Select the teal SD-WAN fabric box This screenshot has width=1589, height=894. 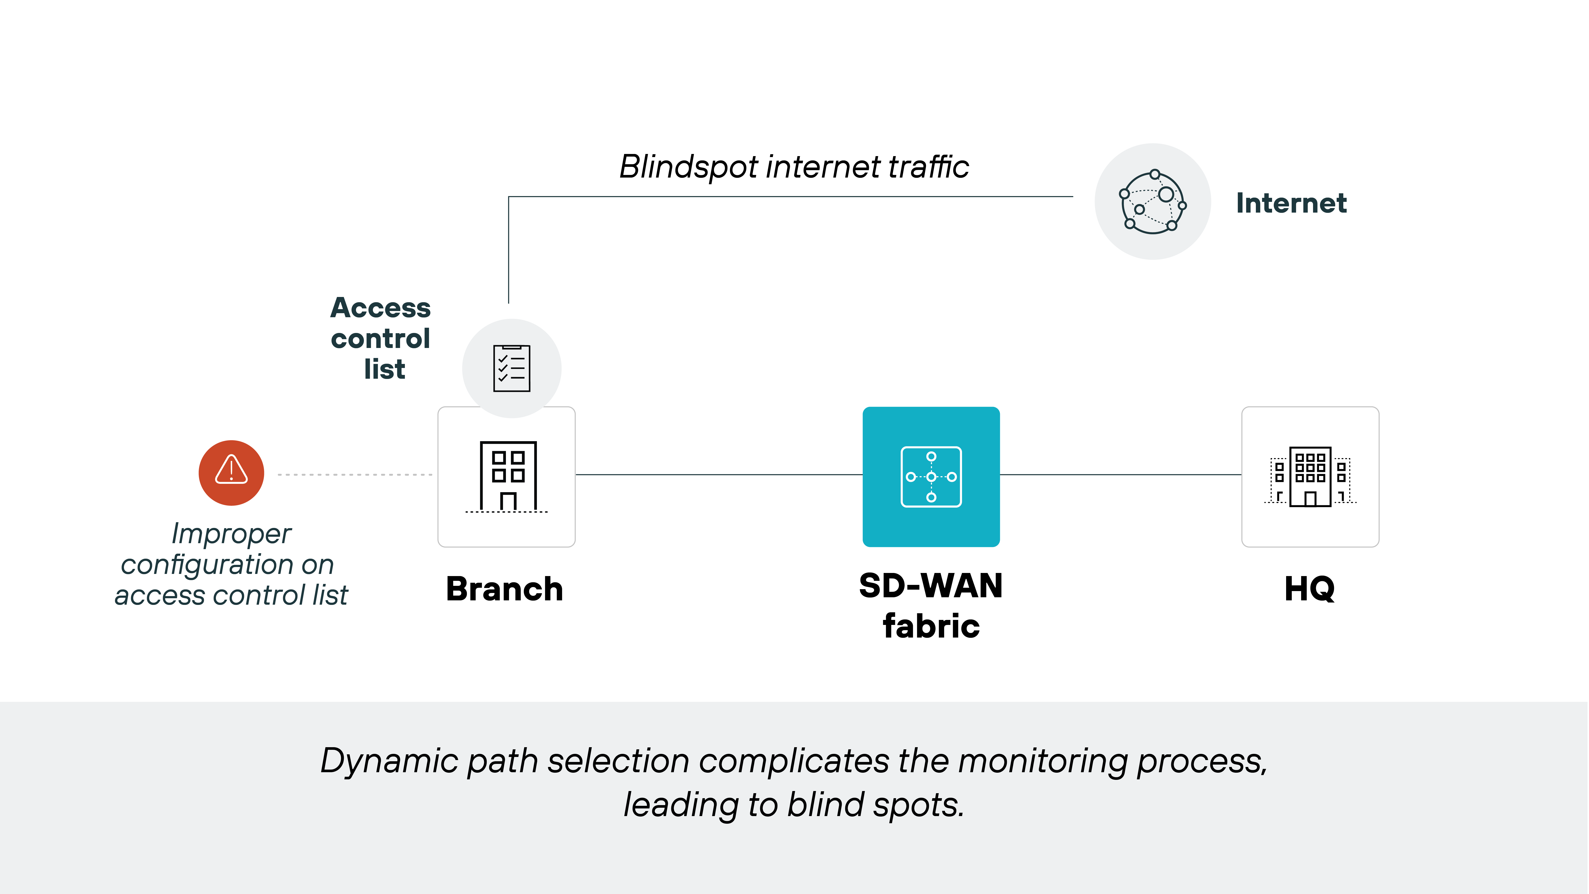[x=931, y=476]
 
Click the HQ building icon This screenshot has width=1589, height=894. [x=1310, y=476]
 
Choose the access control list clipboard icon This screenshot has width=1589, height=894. [x=511, y=368]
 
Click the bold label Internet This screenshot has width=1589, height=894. [x=1291, y=203]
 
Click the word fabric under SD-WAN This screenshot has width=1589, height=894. [x=931, y=626]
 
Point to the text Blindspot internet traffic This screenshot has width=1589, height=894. [x=794, y=167]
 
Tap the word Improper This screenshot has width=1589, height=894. [x=231, y=534]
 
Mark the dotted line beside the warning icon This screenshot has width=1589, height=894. [x=355, y=475]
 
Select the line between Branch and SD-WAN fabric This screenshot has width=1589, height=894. [x=719, y=475]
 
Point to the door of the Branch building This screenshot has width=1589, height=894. [x=508, y=502]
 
